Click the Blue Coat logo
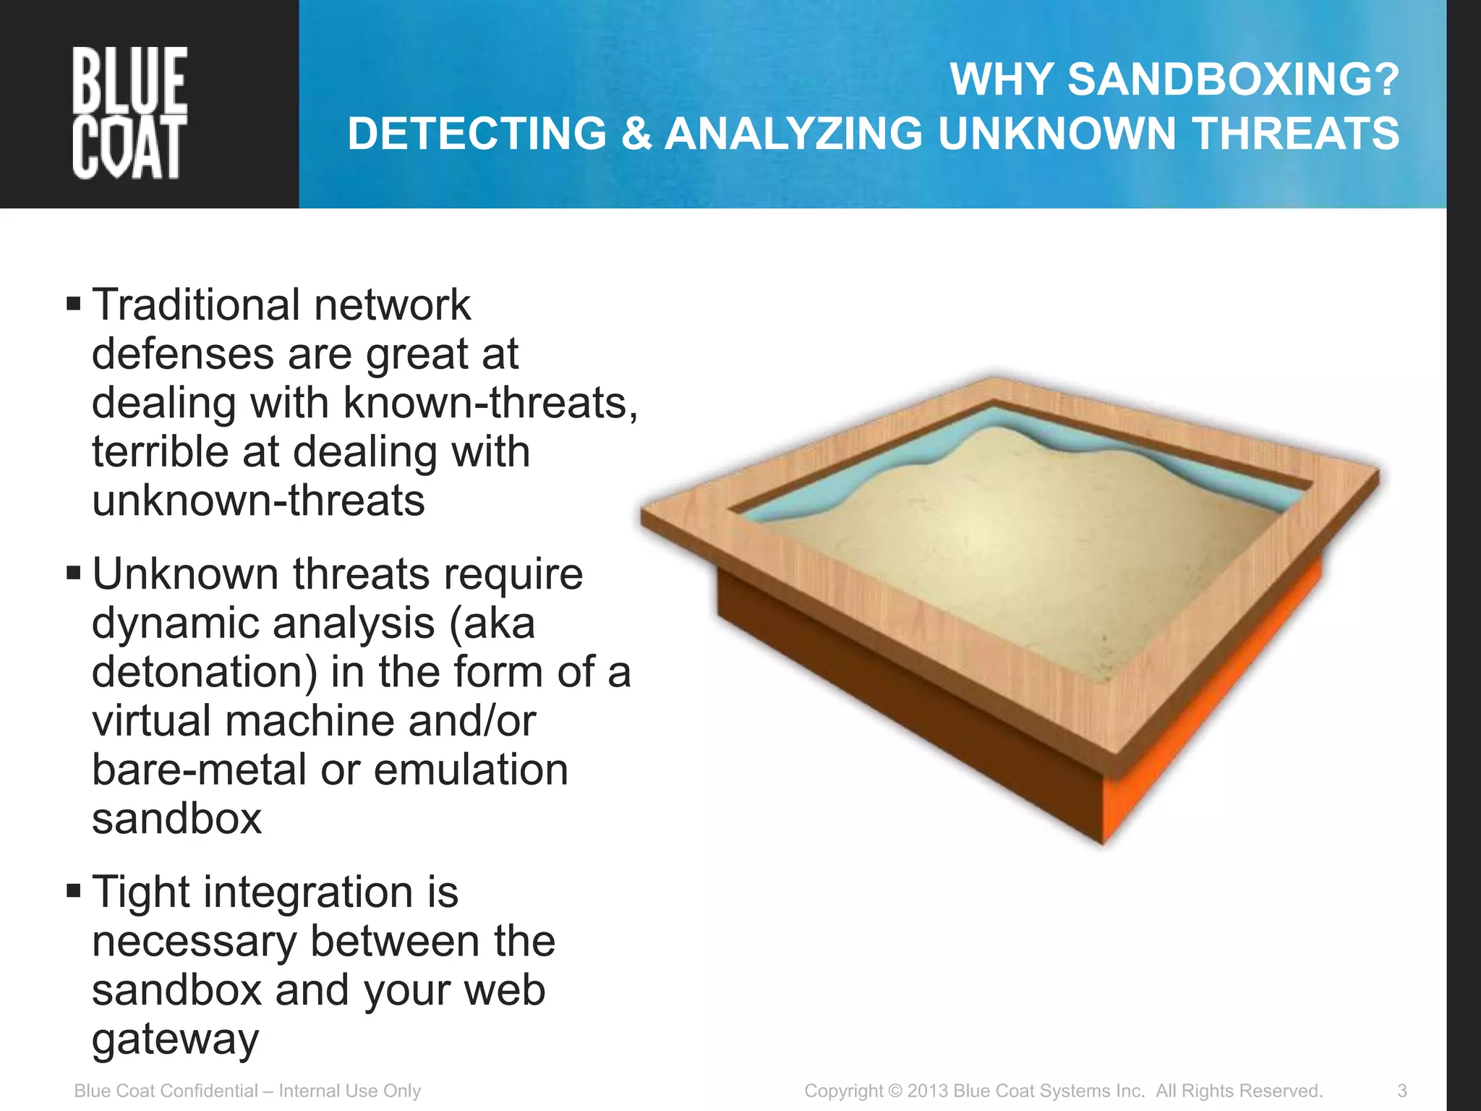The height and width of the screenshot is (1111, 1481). click(129, 113)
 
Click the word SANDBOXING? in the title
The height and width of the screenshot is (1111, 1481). click(1234, 79)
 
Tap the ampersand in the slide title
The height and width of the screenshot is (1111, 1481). click(636, 134)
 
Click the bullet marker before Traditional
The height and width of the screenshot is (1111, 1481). click(73, 302)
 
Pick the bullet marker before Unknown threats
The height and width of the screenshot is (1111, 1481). click(73, 573)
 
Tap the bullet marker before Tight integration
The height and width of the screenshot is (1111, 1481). click(73, 890)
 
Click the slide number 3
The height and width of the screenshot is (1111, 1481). click(1401, 1091)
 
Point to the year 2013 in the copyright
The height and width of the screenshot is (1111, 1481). click(928, 1091)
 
